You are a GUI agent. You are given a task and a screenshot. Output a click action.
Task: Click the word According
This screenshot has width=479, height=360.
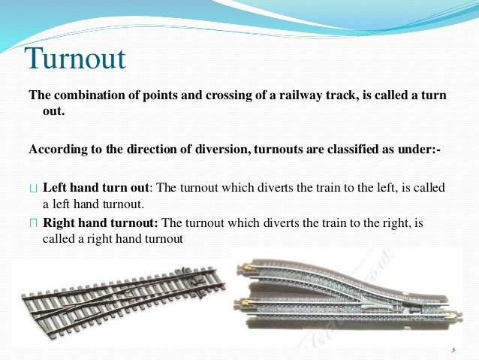[x=54, y=150]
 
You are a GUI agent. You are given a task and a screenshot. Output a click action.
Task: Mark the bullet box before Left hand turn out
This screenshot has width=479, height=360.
[x=32, y=188]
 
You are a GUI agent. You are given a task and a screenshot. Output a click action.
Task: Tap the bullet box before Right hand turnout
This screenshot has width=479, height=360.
[x=32, y=223]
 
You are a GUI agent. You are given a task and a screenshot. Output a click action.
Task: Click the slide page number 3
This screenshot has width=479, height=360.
[x=453, y=349]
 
